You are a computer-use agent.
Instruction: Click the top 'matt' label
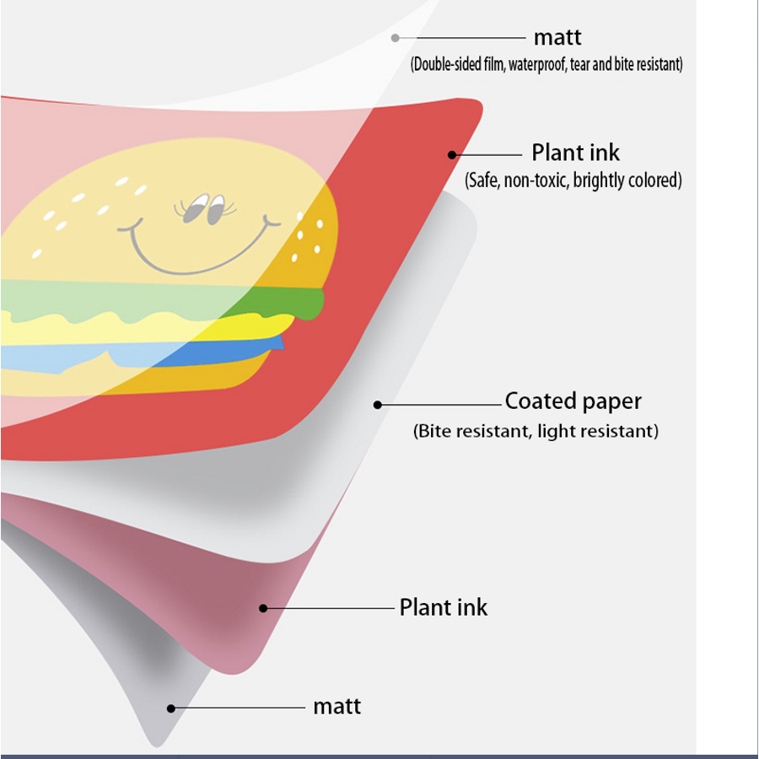557,38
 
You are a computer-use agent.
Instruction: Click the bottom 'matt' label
336,707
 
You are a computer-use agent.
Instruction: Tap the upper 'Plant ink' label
575,153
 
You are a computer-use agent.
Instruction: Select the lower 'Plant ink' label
444,607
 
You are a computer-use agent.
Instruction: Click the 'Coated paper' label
573,401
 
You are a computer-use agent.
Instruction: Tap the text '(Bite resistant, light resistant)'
536,431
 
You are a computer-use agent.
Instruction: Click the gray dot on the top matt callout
395,38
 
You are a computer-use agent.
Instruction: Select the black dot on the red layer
452,155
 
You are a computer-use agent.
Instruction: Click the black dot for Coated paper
378,405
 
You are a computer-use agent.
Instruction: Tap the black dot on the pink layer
263,608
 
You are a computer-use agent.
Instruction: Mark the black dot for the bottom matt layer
171,708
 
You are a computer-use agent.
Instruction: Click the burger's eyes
205,208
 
